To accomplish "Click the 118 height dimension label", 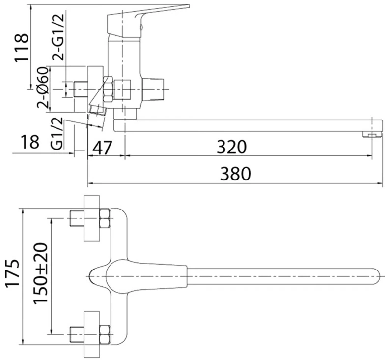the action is pos(22,48).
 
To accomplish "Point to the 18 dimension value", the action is pos(30,142).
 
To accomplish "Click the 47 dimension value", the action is pos(103,148).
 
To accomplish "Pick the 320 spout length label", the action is pos(231,147).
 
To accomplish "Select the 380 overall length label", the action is pos(236,174).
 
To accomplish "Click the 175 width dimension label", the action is pos(12,273).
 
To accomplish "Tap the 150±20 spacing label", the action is pos(40,273).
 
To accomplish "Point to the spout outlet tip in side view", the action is pos(372,135).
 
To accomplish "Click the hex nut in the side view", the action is pos(109,89).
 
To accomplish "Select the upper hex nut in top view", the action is pos(105,218).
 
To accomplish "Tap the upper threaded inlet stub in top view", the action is pos(77,218).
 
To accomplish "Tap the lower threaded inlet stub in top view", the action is pos(77,334).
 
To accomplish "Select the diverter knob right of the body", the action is pos(153,89).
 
